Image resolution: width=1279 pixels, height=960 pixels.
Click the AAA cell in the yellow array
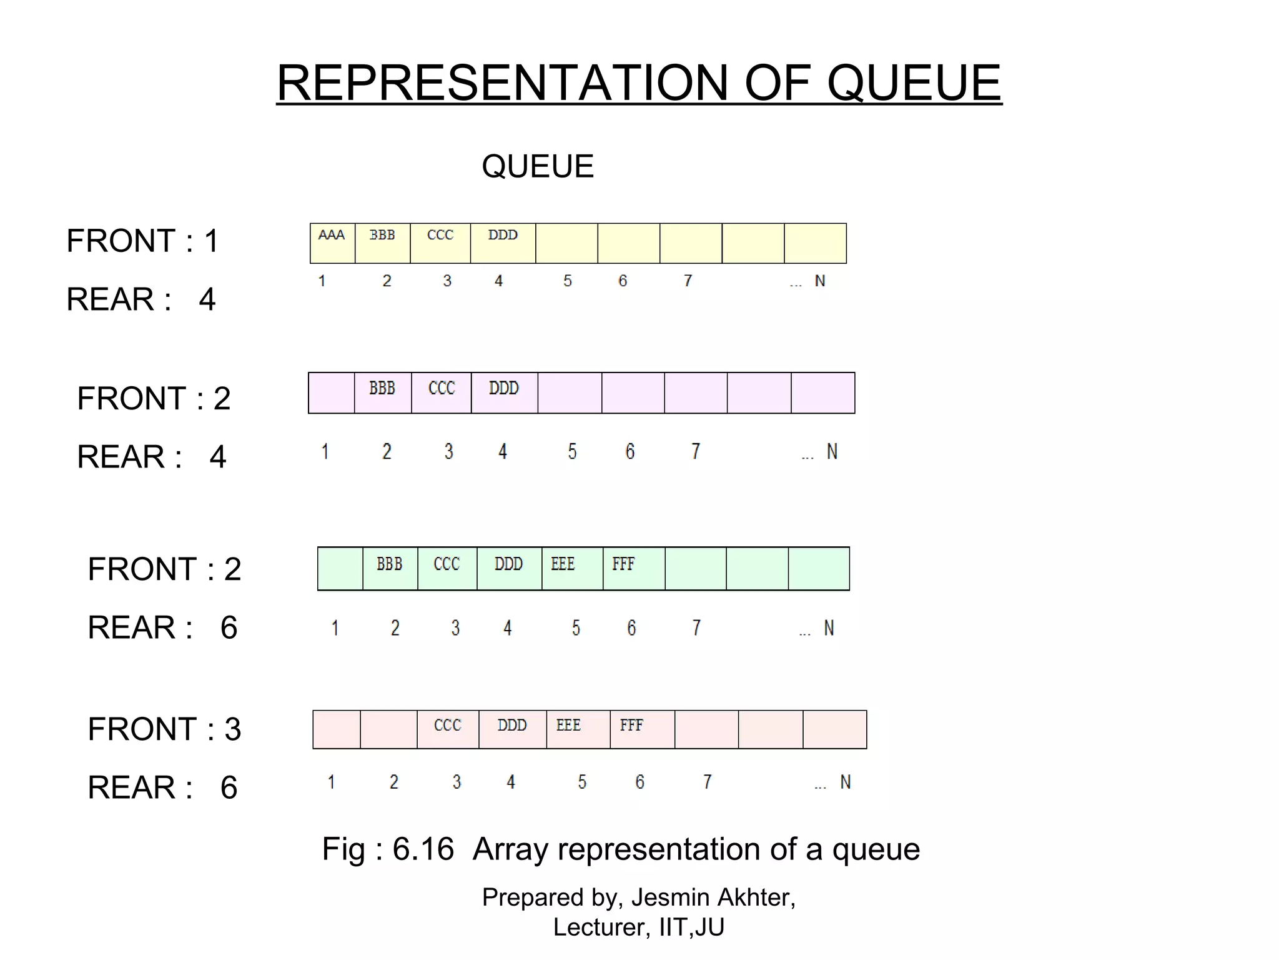tap(332, 242)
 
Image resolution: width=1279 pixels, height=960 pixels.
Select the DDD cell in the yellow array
tap(503, 242)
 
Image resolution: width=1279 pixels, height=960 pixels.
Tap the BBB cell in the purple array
tap(382, 392)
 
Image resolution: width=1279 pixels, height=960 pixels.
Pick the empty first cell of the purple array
tap(332, 392)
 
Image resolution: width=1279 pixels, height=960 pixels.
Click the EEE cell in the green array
tap(571, 568)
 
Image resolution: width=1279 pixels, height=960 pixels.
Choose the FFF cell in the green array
tap(633, 568)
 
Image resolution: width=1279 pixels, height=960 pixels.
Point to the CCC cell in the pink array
tap(448, 729)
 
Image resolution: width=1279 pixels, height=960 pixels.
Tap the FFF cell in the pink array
tap(641, 729)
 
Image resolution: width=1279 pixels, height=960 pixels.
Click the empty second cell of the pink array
tap(388, 729)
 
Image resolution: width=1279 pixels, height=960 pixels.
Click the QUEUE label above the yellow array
tap(538, 166)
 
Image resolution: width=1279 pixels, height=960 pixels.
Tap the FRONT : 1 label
tap(142, 241)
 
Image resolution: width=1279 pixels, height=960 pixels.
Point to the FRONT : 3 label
tap(164, 729)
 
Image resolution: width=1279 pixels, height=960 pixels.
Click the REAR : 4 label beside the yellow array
tap(141, 299)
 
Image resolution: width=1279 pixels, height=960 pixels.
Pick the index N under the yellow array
tap(820, 281)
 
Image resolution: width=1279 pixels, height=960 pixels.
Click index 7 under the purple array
tap(695, 451)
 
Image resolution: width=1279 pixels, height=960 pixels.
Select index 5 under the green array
tap(576, 627)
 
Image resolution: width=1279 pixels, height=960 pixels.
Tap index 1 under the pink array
tap(332, 782)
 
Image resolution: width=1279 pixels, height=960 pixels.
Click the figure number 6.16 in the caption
tap(423, 849)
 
